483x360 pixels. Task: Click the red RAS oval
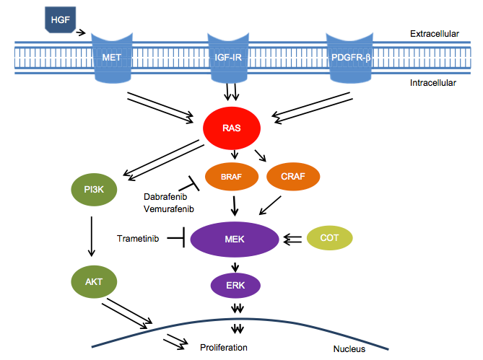point(232,129)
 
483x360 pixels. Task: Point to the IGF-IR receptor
point(232,55)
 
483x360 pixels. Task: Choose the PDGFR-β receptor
point(352,55)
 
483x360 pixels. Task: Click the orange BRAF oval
point(231,175)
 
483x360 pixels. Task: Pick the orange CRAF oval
point(292,175)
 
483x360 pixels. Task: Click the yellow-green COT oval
point(331,237)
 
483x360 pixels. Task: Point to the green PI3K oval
point(93,191)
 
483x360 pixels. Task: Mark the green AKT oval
point(93,281)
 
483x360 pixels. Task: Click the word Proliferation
point(224,347)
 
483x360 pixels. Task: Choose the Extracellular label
point(433,34)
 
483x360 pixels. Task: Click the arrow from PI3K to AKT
point(91,236)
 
